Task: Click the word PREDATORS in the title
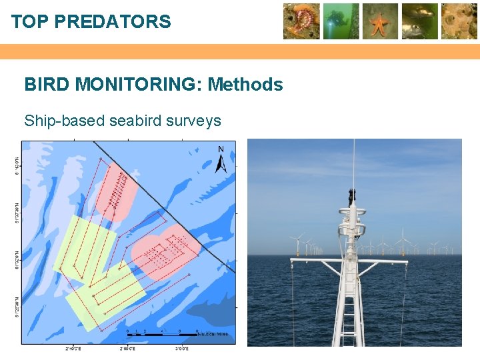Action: pyautogui.click(x=113, y=22)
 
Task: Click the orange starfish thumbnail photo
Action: pyautogui.click(x=380, y=21)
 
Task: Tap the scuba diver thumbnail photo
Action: pyautogui.click(x=341, y=21)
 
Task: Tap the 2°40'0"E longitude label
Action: pyautogui.click(x=73, y=349)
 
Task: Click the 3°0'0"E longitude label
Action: pyautogui.click(x=182, y=349)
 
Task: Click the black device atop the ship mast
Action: pyautogui.click(x=351, y=195)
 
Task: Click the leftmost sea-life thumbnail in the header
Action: pyautogui.click(x=301, y=21)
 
